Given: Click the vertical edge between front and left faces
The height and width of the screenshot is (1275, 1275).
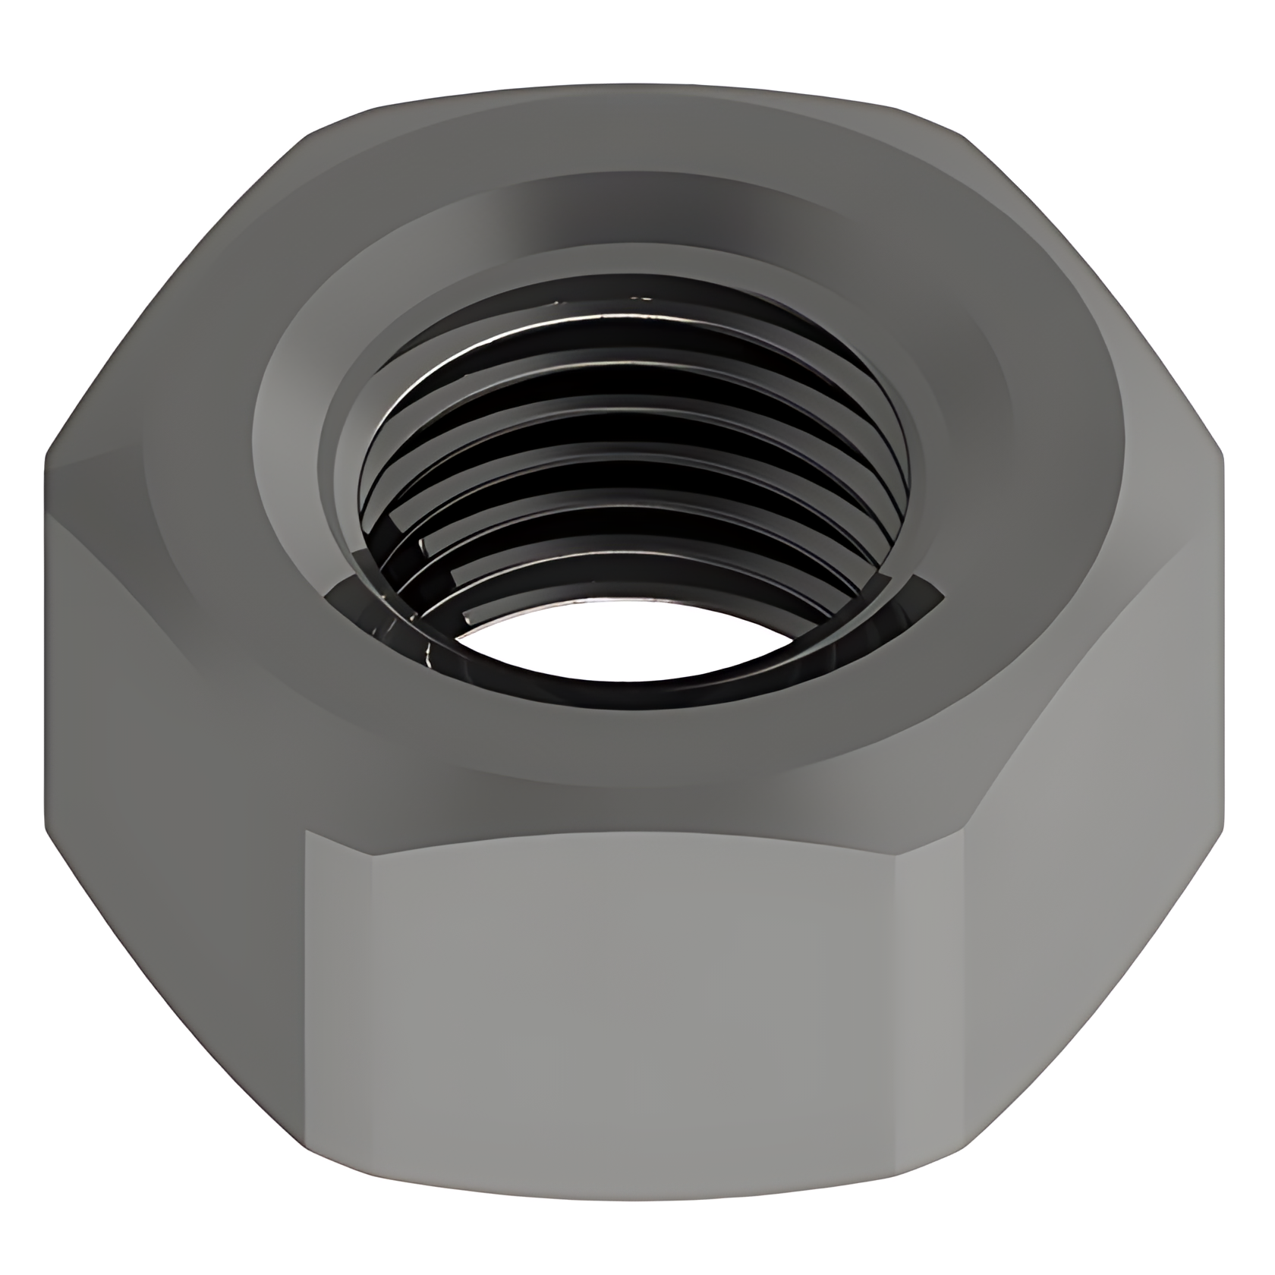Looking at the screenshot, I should (305, 987).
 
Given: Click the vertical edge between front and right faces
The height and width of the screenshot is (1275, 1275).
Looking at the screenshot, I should (962, 987).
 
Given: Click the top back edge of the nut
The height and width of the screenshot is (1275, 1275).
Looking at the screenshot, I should (637, 85).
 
